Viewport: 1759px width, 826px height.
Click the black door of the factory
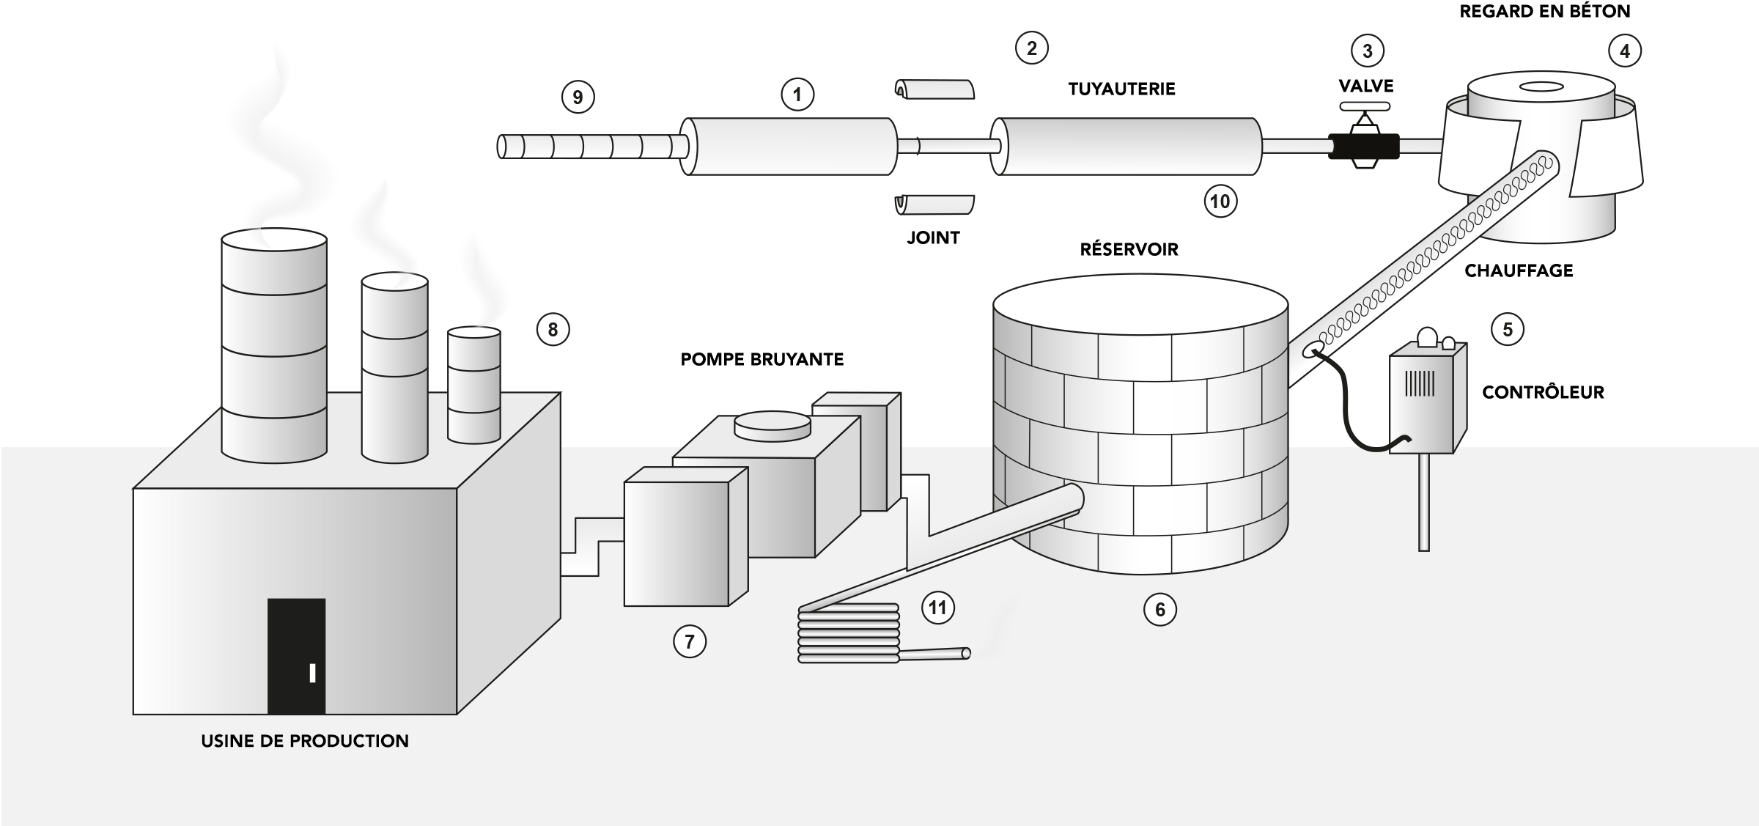pos(296,656)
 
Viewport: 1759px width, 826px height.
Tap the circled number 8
pos(553,330)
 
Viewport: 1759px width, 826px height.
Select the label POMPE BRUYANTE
pos(762,359)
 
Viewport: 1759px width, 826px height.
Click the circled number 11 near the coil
pos(937,608)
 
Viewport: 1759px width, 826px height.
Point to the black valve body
pos(1364,146)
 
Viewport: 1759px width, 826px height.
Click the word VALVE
pos(1366,86)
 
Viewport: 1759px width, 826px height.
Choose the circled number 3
pos(1367,51)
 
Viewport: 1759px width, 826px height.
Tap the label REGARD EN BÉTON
pos(1545,12)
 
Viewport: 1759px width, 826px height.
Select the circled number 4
pos(1625,51)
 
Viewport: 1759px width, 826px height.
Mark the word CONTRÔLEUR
pos(1543,392)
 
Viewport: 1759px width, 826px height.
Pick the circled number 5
pos(1508,330)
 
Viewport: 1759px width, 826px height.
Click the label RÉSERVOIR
pos(1129,249)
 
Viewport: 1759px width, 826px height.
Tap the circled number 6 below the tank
pos(1159,610)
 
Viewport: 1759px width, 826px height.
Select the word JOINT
pos(933,237)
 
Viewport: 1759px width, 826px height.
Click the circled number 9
pos(578,97)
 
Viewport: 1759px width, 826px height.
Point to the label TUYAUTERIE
pos(1121,89)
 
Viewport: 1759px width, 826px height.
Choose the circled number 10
pos(1220,202)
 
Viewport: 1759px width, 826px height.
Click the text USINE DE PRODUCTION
pos(305,741)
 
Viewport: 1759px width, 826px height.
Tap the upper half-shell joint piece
pos(936,89)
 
